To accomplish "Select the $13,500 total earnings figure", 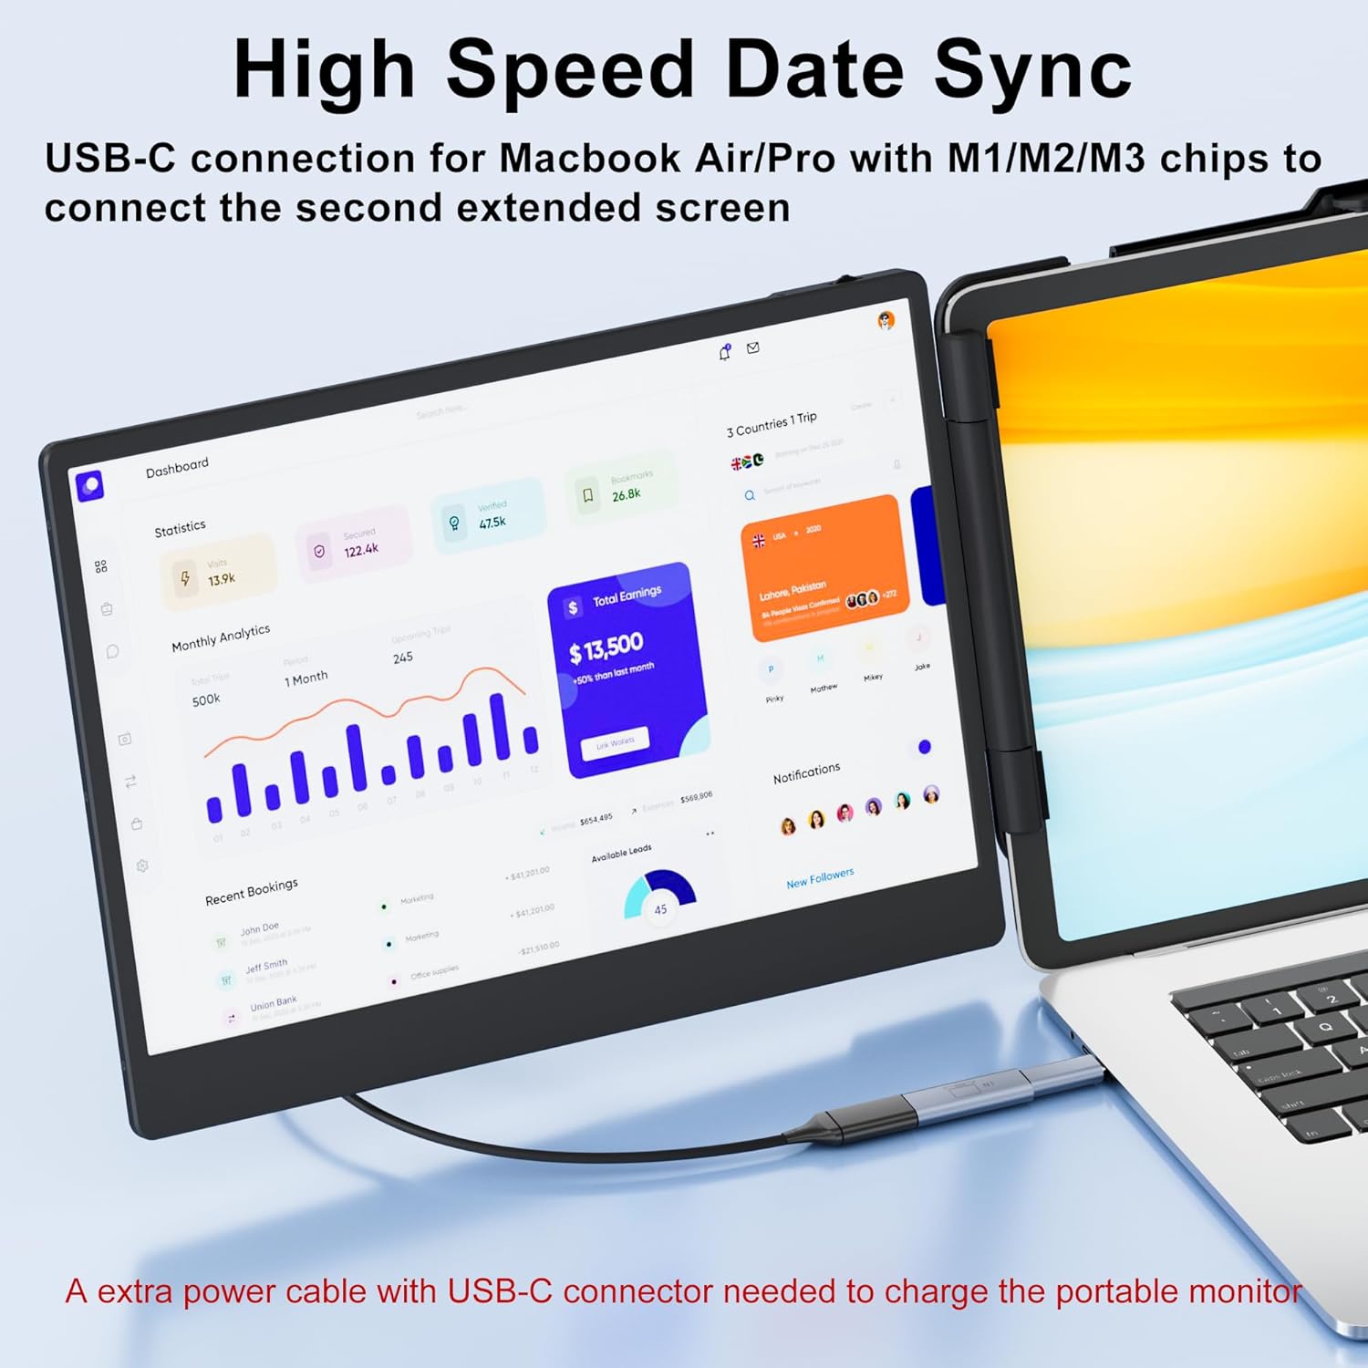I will [x=606, y=648].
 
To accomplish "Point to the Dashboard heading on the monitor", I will [x=177, y=466].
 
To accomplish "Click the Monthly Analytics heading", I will [x=221, y=637].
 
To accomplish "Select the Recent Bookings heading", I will [x=251, y=891].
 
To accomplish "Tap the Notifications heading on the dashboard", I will [x=806, y=772].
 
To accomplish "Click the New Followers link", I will [x=820, y=878].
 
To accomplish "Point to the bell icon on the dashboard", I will [x=725, y=352].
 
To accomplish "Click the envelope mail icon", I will [x=753, y=347].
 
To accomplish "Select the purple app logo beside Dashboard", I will [x=89, y=485].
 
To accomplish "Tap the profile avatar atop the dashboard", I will [x=886, y=320].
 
